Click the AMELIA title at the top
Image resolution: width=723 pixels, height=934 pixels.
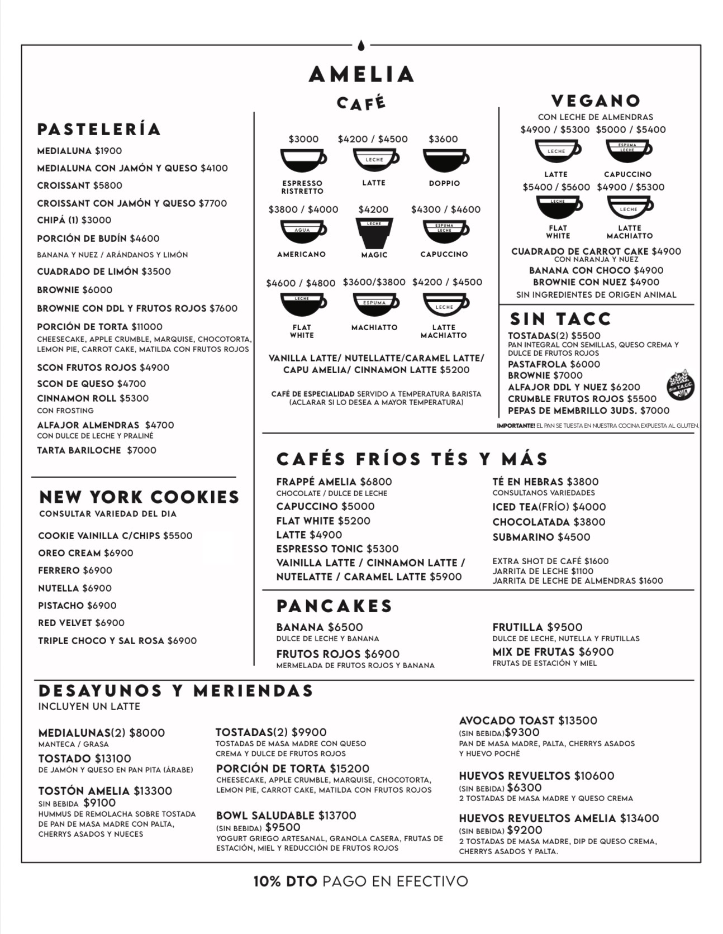click(361, 74)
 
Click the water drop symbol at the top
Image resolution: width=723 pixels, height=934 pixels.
click(361, 45)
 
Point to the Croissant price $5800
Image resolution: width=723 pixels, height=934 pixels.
click(108, 185)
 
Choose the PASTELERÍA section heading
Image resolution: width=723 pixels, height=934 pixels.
click(99, 129)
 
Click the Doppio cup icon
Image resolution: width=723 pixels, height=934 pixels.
click(445, 160)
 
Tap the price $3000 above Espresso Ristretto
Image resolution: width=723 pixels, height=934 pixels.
click(303, 139)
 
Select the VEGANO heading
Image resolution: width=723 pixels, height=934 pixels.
click(596, 101)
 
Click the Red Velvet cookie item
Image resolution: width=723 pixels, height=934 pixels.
click(81, 623)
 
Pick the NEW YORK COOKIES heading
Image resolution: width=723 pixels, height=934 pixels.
click(139, 497)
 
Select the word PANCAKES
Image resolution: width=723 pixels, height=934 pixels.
click(335, 606)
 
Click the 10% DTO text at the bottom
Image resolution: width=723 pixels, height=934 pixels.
click(285, 881)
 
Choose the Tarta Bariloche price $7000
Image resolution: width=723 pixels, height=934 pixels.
click(141, 450)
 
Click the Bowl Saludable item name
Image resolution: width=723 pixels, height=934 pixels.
click(265, 816)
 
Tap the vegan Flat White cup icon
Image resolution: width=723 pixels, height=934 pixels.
click(558, 206)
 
